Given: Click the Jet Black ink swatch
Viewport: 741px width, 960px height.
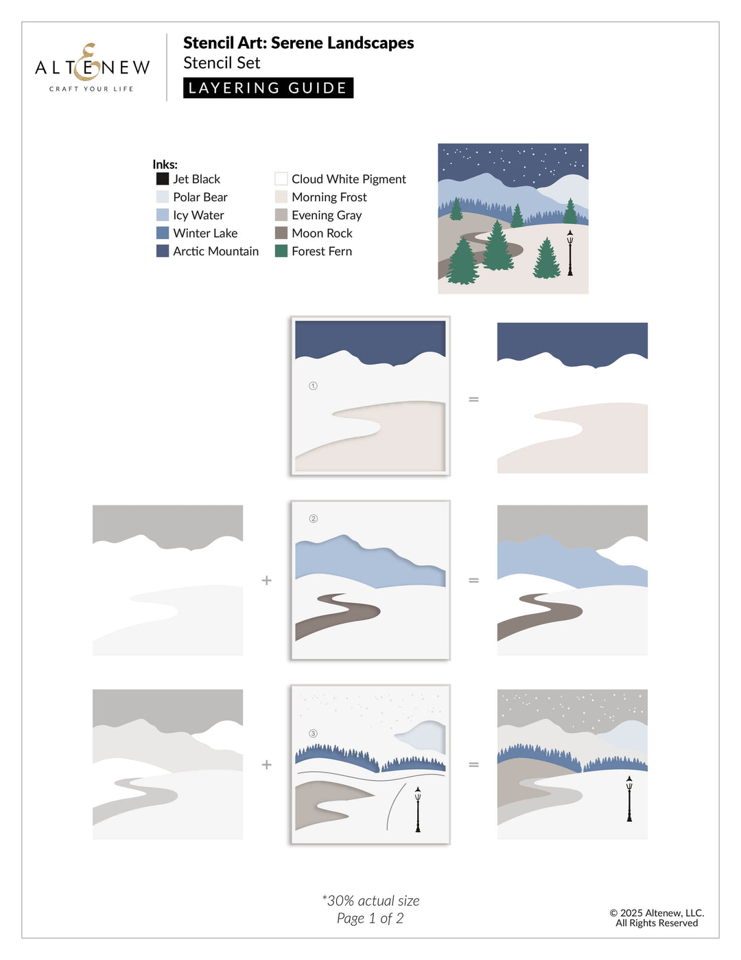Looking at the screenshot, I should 163,179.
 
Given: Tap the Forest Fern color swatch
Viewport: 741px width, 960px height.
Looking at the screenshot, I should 281,251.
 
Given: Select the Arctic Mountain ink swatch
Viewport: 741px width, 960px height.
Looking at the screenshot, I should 163,251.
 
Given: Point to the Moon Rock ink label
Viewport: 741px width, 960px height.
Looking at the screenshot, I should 322,233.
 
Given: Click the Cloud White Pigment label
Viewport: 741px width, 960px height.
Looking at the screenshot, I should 349,179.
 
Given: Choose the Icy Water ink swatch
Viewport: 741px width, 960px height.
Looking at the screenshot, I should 163,215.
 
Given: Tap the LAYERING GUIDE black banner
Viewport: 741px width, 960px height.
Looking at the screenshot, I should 268,88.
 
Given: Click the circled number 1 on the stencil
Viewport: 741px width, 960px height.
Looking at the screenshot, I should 313,386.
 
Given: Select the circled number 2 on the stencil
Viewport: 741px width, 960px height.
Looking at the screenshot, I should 314,518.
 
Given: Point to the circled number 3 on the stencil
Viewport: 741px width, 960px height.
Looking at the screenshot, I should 313,733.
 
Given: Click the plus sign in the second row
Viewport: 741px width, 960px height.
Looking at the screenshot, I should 267,580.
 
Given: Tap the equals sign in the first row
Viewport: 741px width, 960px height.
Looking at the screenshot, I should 473,399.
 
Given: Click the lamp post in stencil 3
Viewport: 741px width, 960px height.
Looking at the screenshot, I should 417,810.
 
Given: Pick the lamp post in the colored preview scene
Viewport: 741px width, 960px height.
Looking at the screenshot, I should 569,253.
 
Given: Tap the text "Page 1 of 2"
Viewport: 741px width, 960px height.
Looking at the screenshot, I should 370,919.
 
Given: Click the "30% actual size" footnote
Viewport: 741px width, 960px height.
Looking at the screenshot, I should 370,901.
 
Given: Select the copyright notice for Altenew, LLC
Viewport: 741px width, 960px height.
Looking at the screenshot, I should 657,917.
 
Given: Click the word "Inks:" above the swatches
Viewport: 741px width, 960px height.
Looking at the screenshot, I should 165,165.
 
